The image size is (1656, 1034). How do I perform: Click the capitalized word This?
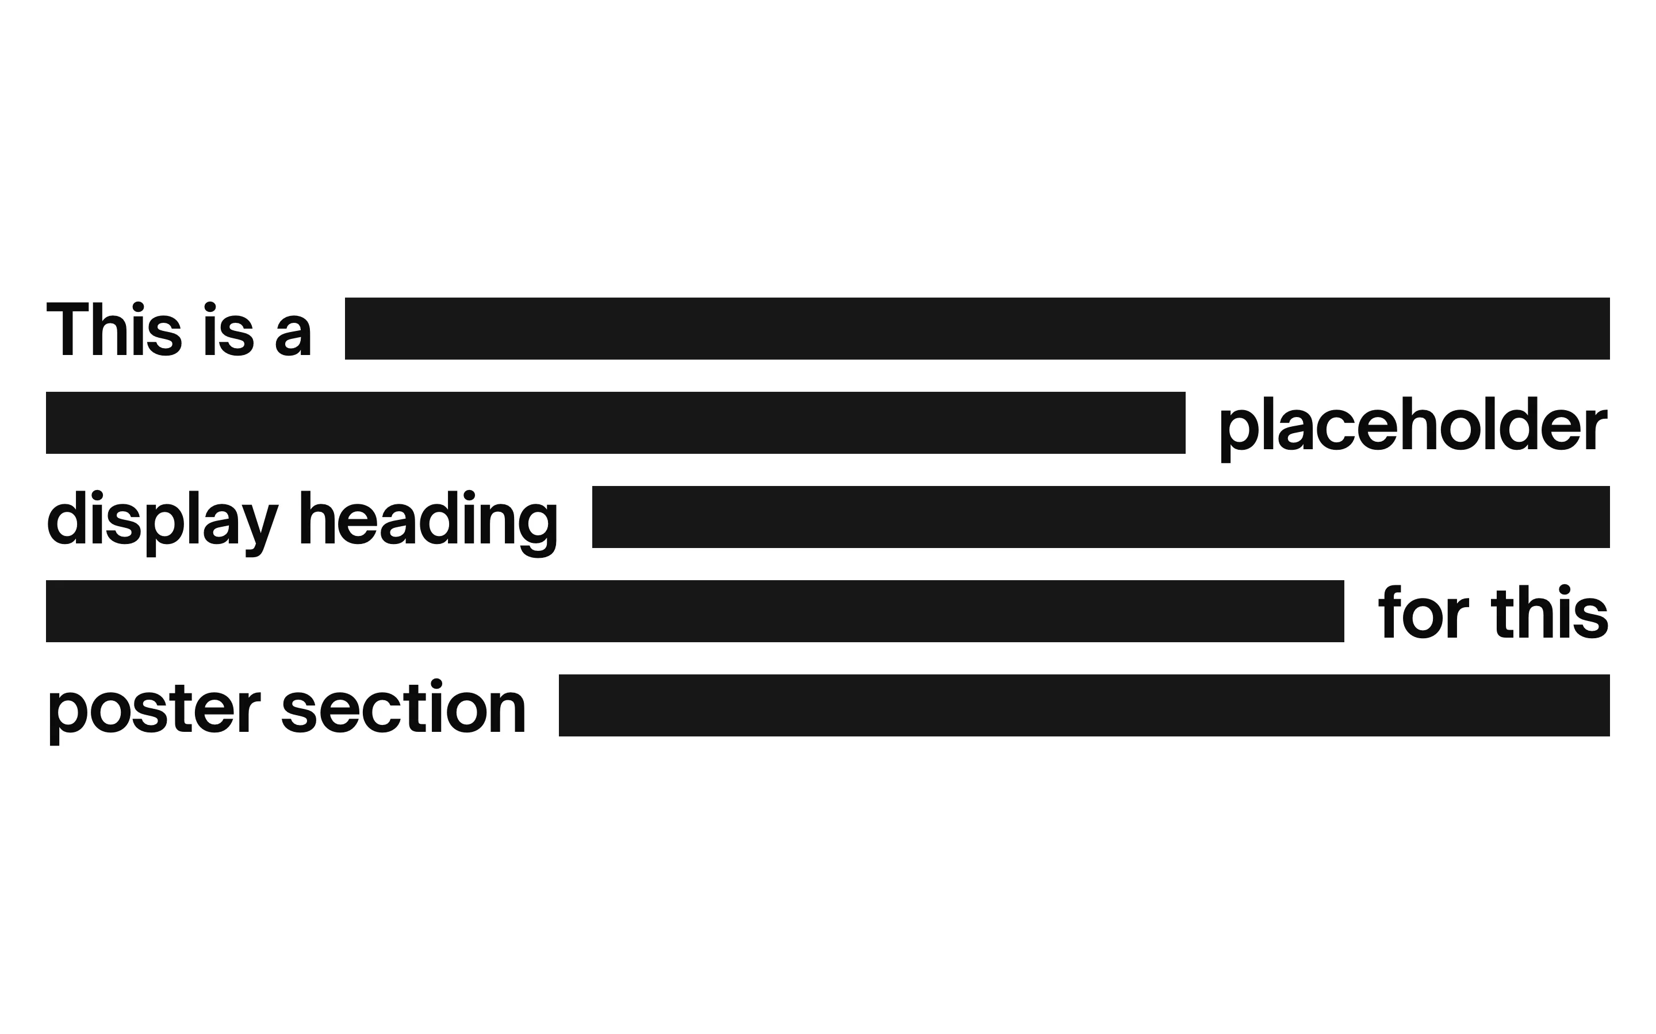point(114,329)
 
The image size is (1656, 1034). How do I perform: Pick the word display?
point(163,523)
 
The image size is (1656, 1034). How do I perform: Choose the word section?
point(404,707)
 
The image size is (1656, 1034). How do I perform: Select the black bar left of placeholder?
point(616,423)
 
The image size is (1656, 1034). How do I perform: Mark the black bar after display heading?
point(1101,517)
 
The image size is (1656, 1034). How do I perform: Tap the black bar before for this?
point(695,611)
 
